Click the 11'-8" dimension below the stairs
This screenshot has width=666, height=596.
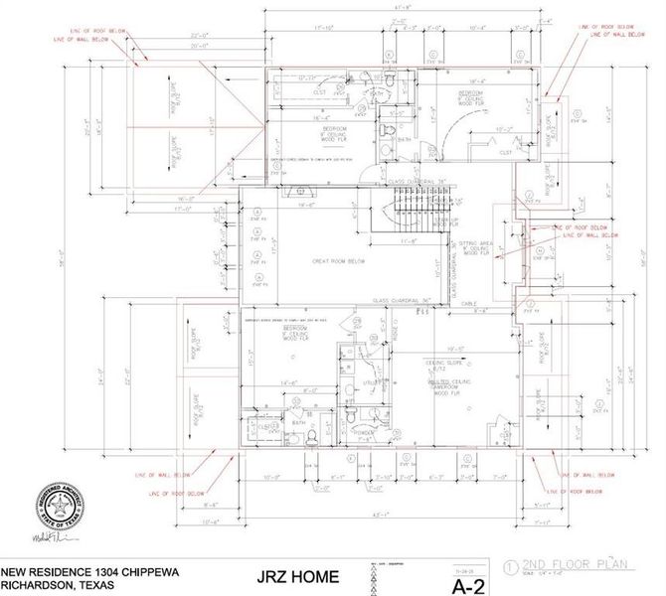point(408,239)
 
